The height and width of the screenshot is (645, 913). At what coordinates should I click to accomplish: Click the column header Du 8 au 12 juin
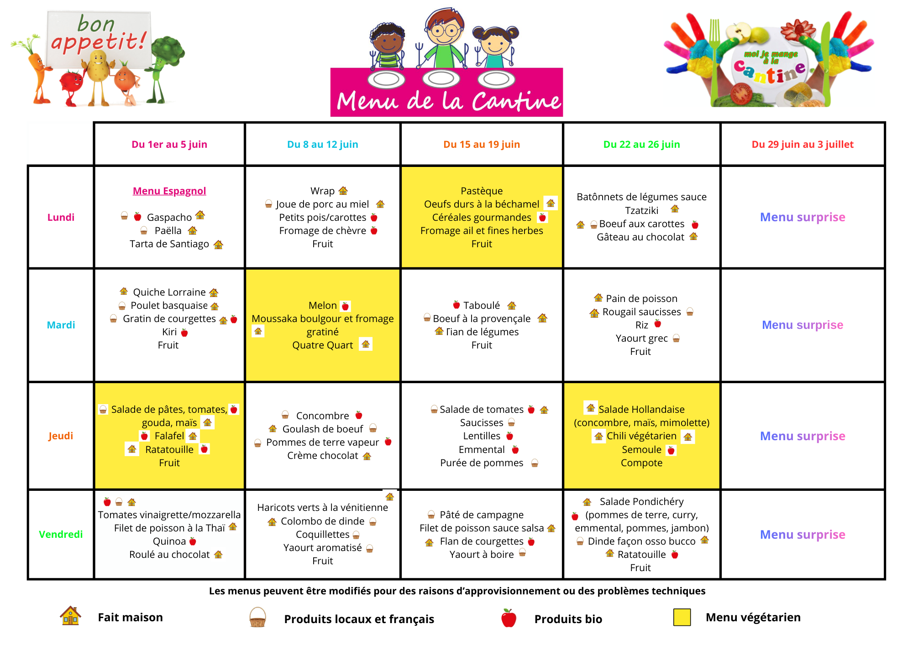pos(322,145)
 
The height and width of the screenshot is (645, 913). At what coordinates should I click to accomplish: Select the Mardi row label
pos(61,325)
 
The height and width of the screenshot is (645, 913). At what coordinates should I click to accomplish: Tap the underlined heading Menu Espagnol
pos(169,191)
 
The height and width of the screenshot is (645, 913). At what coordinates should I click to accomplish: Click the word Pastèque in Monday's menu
pos(482,191)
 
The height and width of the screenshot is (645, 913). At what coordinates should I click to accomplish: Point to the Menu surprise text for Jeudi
pos(802,436)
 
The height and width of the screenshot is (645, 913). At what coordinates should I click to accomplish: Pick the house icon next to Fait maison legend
pos(71,616)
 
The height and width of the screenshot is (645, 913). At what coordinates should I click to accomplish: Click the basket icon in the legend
pos(257,618)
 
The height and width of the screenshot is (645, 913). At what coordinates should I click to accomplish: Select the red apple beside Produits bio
pos(509,618)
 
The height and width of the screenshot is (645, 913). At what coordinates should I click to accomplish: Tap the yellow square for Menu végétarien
pos(682,617)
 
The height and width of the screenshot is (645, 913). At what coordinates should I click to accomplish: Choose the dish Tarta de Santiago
pos(169,244)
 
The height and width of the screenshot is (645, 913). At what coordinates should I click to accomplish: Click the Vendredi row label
pos(61,535)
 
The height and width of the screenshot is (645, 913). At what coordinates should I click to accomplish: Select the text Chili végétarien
pos(641,436)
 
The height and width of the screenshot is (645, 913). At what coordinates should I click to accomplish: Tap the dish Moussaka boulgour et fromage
pos(322,319)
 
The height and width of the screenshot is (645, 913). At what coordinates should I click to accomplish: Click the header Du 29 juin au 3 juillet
pos(802,145)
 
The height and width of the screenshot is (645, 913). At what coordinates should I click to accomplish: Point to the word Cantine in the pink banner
pos(516,101)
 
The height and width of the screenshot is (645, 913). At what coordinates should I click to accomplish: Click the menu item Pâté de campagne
pos(482,515)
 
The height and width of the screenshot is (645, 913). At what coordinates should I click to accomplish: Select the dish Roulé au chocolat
pos(169,555)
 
